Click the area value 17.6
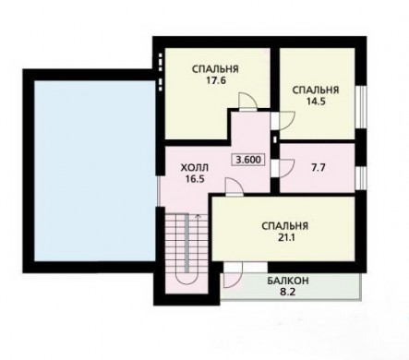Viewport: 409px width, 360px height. [x=216, y=81]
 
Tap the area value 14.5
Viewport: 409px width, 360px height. [x=316, y=102]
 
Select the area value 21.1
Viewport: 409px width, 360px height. [x=284, y=237]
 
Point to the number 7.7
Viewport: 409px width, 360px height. [x=319, y=168]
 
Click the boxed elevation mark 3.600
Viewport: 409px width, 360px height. [x=248, y=160]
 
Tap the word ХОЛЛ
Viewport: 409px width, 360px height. [x=194, y=168]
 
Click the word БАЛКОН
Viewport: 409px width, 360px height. [x=288, y=281]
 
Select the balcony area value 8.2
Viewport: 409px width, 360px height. [x=288, y=292]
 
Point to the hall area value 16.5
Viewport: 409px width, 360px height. [x=195, y=179]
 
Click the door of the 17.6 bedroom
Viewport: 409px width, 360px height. [x=247, y=102]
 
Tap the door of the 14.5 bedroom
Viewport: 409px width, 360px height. [x=283, y=120]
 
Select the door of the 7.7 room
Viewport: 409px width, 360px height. [x=283, y=168]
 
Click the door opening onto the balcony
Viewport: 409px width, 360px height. [x=233, y=275]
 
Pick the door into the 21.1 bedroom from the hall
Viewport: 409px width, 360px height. [x=235, y=186]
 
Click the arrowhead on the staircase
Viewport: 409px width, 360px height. [x=198, y=216]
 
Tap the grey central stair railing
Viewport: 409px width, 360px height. [x=186, y=243]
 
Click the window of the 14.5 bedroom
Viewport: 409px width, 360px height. [x=361, y=107]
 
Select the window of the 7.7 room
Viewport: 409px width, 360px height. [x=361, y=178]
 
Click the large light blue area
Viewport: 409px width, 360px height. [x=94, y=171]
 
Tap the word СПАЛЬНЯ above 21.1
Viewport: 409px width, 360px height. [x=285, y=226]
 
